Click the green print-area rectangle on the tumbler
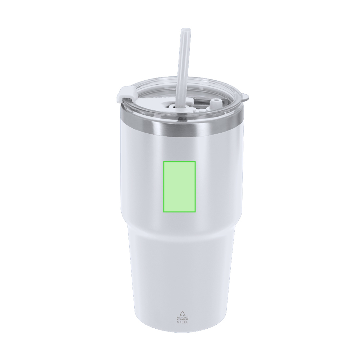click(x=179, y=186)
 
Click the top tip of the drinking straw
click(x=184, y=29)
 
